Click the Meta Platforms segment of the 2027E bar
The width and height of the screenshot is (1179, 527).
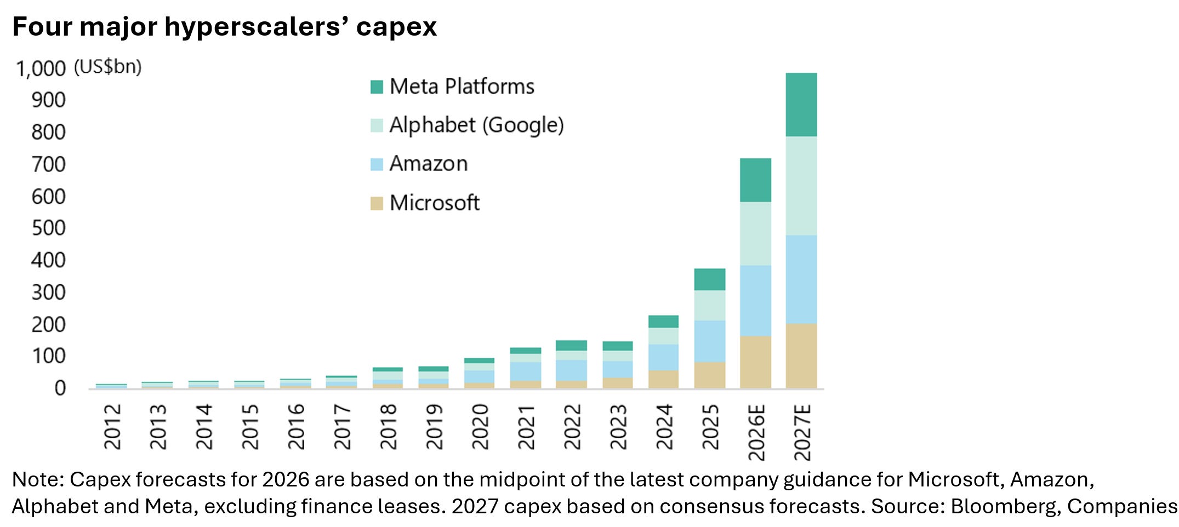click(801, 105)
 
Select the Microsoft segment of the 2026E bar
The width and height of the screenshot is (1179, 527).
click(755, 362)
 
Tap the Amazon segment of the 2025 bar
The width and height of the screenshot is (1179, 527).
click(709, 341)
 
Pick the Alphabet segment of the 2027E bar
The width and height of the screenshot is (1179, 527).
click(801, 186)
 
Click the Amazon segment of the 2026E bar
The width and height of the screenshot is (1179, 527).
click(755, 301)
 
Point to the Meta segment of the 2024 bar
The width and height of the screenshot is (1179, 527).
click(663, 322)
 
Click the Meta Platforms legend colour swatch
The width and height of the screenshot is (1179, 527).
click(377, 87)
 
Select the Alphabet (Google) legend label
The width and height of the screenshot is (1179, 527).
click(476, 125)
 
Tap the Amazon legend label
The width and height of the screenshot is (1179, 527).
click(429, 163)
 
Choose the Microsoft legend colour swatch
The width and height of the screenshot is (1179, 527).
click(377, 203)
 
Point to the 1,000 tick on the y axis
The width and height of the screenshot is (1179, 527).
click(41, 68)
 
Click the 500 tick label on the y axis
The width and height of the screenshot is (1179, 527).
click(49, 228)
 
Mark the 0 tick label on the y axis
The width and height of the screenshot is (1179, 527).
click(60, 388)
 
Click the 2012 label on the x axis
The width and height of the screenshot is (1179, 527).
click(112, 426)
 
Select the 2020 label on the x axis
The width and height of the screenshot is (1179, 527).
click(480, 426)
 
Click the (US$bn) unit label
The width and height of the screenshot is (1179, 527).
click(107, 67)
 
